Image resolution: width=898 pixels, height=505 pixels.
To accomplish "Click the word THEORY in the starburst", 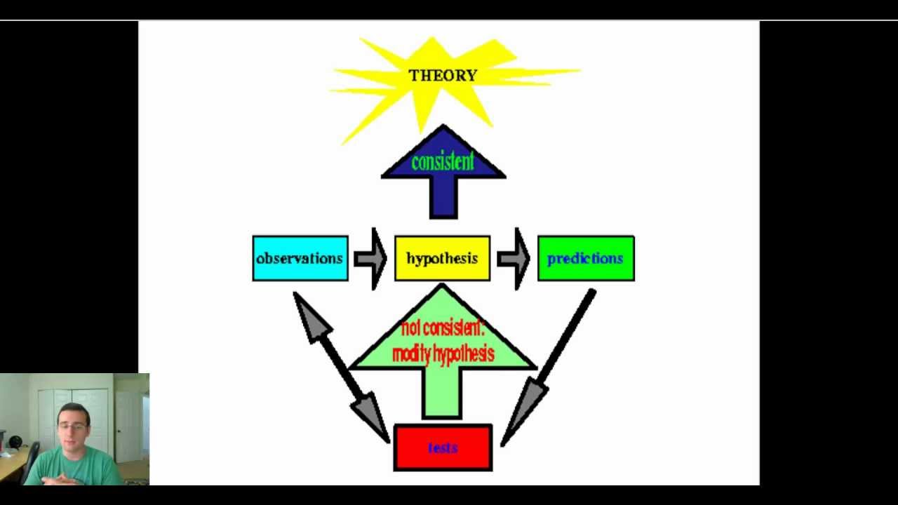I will pyautogui.click(x=443, y=76).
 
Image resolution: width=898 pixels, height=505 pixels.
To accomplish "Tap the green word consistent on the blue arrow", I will pyautogui.click(x=443, y=163).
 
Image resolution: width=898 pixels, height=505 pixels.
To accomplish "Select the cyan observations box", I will pyautogui.click(x=300, y=259).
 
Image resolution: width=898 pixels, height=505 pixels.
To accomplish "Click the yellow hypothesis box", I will pyautogui.click(x=442, y=259).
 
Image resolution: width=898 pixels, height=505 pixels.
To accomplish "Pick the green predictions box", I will pyautogui.click(x=585, y=259).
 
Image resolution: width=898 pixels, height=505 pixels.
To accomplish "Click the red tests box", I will pyautogui.click(x=443, y=447).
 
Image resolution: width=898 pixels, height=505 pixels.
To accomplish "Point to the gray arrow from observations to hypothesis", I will pyautogui.click(x=371, y=258).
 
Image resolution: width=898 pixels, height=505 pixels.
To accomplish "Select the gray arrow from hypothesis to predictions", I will pyautogui.click(x=514, y=258).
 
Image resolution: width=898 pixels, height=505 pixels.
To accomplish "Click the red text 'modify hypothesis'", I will pyautogui.click(x=443, y=354).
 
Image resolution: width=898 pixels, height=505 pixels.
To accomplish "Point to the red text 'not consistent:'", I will pyautogui.click(x=443, y=328).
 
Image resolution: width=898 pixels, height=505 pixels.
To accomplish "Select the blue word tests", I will pyautogui.click(x=443, y=447).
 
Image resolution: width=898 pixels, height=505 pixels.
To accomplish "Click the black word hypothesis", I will pyautogui.click(x=442, y=259).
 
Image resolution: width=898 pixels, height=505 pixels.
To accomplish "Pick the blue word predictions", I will pyautogui.click(x=585, y=259).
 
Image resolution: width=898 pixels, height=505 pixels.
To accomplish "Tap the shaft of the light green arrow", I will pyautogui.click(x=442, y=393).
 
